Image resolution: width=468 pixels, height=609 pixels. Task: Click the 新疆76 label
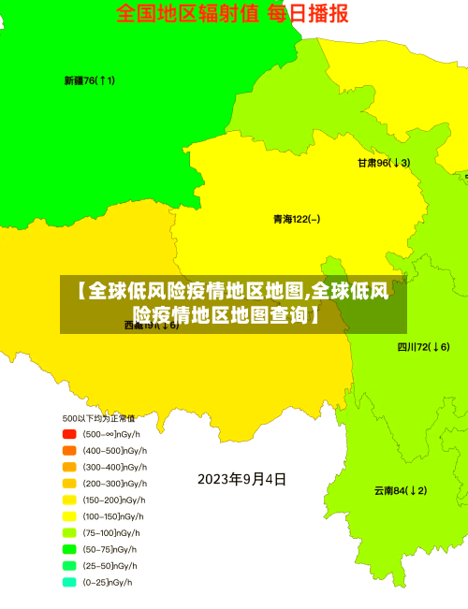pyautogui.click(x=90, y=80)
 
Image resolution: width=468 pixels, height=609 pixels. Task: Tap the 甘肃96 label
pyautogui.click(x=384, y=162)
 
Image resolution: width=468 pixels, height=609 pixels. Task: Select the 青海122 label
pyautogui.click(x=297, y=219)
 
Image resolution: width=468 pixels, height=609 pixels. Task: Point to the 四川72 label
pyautogui.click(x=423, y=347)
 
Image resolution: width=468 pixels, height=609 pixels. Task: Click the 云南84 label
pyautogui.click(x=401, y=490)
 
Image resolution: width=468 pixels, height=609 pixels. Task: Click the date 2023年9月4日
pyautogui.click(x=241, y=480)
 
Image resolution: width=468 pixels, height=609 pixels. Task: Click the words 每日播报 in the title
pyautogui.click(x=308, y=13)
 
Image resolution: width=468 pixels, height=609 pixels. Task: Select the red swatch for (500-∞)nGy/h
pyautogui.click(x=69, y=434)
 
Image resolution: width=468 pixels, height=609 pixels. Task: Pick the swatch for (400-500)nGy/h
pyautogui.click(x=69, y=450)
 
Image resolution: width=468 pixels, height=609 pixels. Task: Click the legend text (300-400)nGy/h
pyautogui.click(x=115, y=467)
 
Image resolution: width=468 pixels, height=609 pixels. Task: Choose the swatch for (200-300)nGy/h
pyautogui.click(x=69, y=484)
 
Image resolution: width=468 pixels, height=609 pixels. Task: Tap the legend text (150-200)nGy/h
pyautogui.click(x=115, y=500)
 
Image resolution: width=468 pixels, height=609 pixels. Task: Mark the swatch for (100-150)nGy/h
pyautogui.click(x=69, y=516)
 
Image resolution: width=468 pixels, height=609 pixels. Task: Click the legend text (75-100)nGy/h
pyautogui.click(x=112, y=532)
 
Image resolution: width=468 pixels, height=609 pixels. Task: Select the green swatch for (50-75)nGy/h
pyautogui.click(x=69, y=549)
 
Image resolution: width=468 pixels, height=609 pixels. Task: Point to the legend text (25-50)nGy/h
pyautogui.click(x=110, y=566)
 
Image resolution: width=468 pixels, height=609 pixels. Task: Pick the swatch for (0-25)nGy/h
pyautogui.click(x=69, y=582)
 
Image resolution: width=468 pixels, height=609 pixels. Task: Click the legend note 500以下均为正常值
pyautogui.click(x=98, y=418)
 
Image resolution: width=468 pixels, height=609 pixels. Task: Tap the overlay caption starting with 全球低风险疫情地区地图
pyautogui.click(x=233, y=303)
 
